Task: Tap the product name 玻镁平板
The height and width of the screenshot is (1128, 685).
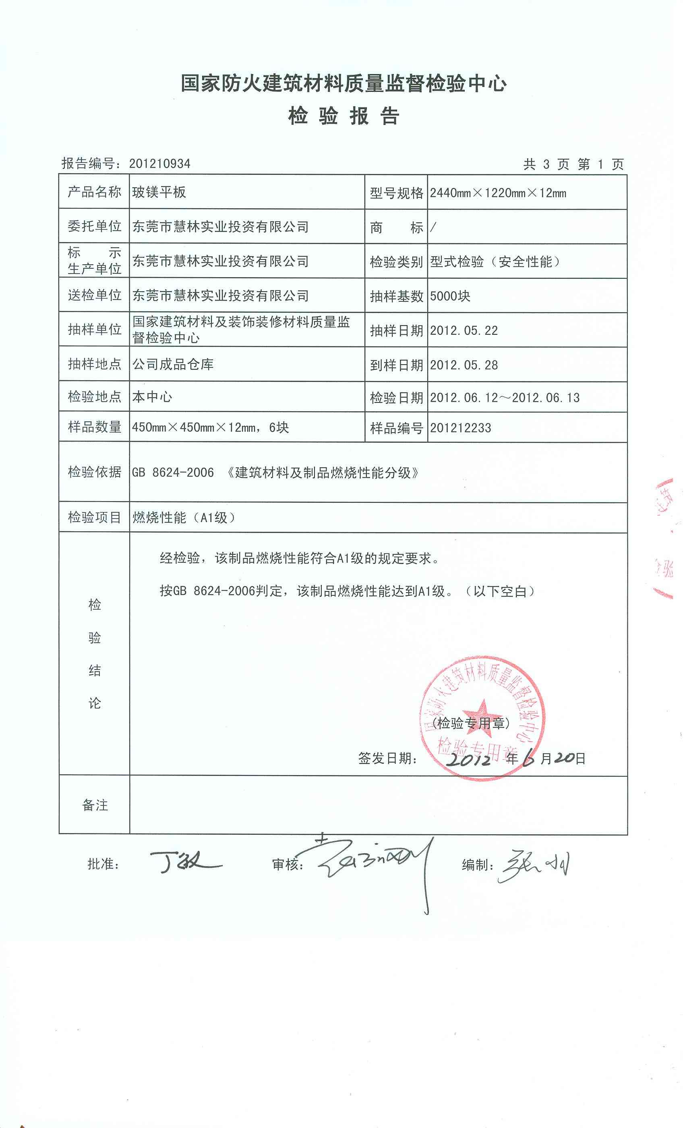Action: coord(159,192)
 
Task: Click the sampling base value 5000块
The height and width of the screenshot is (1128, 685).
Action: coord(450,296)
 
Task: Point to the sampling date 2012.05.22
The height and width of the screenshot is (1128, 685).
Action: coord(464,330)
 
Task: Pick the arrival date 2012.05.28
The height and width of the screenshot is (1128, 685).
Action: coord(464,365)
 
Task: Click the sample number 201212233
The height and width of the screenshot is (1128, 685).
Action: coord(460,428)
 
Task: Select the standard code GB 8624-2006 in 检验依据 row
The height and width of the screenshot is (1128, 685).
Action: coord(173,473)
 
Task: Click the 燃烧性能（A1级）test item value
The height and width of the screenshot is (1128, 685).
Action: coord(184,518)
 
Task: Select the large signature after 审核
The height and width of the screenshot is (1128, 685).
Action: coord(370,861)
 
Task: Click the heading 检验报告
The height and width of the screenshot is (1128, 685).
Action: coord(344,116)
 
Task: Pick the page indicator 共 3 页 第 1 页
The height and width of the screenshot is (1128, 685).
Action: coord(573,164)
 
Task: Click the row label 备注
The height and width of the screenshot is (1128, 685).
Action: coord(95,805)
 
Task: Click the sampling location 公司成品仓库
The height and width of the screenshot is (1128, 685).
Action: coord(173,365)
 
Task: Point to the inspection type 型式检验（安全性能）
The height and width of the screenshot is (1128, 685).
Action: coord(495,262)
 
